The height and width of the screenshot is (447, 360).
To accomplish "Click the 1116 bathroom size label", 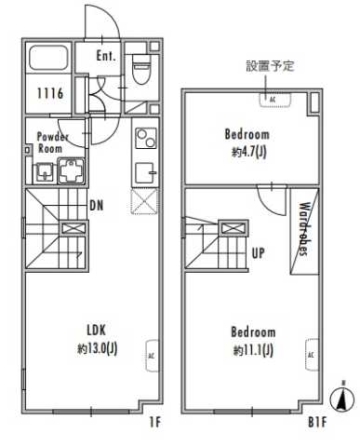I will click(49, 93).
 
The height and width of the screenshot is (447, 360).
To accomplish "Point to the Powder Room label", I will click(52, 142).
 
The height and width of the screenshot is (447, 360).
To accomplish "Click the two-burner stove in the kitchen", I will click(147, 139).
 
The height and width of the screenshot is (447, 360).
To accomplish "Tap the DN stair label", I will click(96, 205).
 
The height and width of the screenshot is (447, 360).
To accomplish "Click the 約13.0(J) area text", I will click(98, 348).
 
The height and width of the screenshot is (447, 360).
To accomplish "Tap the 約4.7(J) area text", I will click(248, 152).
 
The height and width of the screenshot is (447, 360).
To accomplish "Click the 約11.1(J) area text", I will click(252, 349).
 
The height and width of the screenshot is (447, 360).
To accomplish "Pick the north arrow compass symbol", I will click(343, 398).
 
